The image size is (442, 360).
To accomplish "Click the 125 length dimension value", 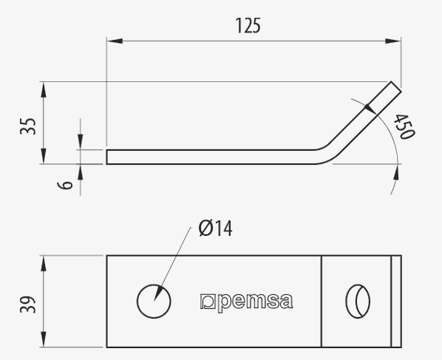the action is pyautogui.click(x=248, y=25).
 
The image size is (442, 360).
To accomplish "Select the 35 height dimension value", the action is pyautogui.click(x=28, y=126).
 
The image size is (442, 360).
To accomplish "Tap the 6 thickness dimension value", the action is pyautogui.click(x=65, y=186).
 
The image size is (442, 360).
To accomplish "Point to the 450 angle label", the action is pyautogui.click(x=404, y=127).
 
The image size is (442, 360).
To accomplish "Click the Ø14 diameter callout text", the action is pyautogui.click(x=215, y=228).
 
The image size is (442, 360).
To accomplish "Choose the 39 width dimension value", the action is pyautogui.click(x=28, y=305).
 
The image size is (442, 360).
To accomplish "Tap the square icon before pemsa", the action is pyautogui.click(x=208, y=302).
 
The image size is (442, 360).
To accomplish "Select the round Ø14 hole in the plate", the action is pyautogui.click(x=154, y=301).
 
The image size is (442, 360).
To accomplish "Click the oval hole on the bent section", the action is pyautogui.click(x=358, y=302).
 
